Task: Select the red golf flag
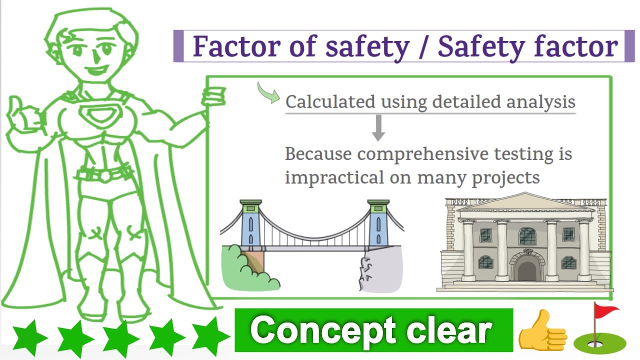[606, 312]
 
